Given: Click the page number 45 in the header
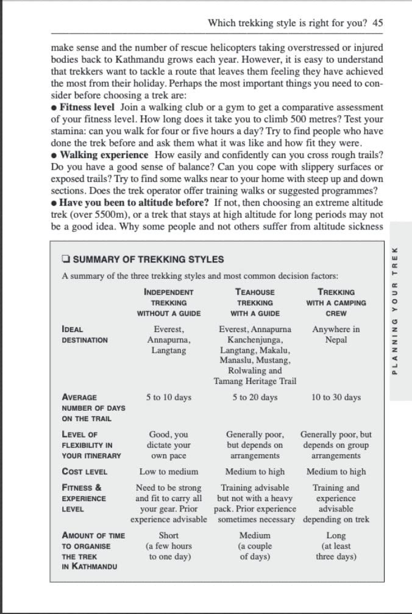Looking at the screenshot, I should [x=377, y=23].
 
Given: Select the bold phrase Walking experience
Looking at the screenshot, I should [x=104, y=155].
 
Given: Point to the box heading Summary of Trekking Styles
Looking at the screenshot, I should [x=148, y=259].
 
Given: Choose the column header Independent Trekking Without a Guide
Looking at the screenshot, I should [x=169, y=303].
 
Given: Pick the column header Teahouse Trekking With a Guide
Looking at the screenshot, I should [x=255, y=303].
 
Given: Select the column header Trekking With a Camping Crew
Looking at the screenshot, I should [x=336, y=303].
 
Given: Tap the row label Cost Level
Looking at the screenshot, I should [x=85, y=472].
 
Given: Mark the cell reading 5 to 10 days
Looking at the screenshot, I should [x=169, y=397].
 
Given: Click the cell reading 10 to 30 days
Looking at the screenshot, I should [x=336, y=397].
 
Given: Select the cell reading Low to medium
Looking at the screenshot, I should [x=169, y=472].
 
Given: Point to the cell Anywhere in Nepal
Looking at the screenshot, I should [x=336, y=334].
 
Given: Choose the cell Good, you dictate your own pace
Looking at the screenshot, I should [x=169, y=445].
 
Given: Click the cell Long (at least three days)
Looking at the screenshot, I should [x=336, y=546].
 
